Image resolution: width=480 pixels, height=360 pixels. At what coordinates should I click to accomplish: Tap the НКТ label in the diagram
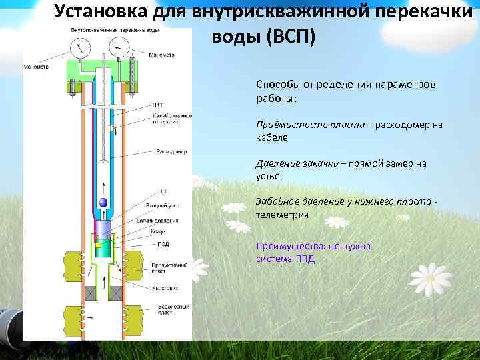pyautogui.click(x=157, y=105)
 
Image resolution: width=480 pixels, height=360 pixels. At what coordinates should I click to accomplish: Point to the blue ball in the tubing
pyautogui.click(x=103, y=203)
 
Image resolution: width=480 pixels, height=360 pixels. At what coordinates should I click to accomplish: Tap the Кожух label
pyautogui.click(x=158, y=231)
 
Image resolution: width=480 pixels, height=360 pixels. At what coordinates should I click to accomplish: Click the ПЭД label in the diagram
pyautogui.click(x=163, y=244)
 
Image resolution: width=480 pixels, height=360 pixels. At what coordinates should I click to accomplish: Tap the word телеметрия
pyautogui.click(x=282, y=215)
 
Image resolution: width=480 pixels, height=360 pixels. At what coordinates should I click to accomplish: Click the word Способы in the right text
pyautogui.click(x=279, y=85)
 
